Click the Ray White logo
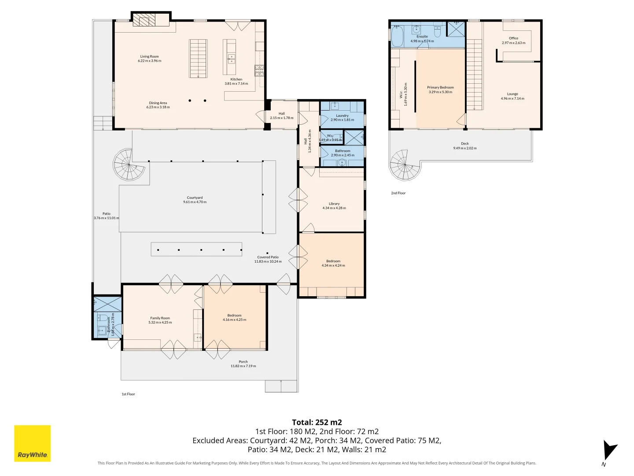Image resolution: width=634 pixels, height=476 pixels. pos(33,443)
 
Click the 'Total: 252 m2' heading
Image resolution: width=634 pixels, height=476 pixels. pos(317,422)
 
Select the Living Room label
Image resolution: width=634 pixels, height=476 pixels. pos(150,56)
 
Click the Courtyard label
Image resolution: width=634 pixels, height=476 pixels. pos(195,198)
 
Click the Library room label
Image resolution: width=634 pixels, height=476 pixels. pos(334,204)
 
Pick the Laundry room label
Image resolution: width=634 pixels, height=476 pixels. pos(342,115)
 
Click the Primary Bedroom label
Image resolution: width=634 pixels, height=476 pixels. pos(440,87)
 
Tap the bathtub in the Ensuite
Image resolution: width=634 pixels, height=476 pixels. pos(397,36)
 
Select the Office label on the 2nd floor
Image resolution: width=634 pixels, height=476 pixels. pos(513,38)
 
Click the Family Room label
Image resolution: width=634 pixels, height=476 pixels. pos(160,318)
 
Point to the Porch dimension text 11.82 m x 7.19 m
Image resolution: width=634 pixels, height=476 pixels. pos(243,366)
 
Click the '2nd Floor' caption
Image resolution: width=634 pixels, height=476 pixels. pos(398,193)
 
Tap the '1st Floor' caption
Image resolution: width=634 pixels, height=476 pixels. pos(128,394)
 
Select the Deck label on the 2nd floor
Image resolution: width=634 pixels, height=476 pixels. pos(465,144)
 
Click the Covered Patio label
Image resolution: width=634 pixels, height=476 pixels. pos(268,257)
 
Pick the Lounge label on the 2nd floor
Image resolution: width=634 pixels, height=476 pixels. pos(512,94)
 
